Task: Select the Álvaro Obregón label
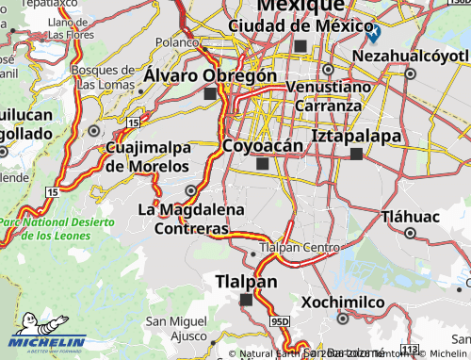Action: tap(211, 75)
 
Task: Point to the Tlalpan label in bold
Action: tap(246, 282)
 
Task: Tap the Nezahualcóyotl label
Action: tap(411, 56)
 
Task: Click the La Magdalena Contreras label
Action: tap(191, 219)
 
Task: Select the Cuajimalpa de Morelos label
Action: tap(148, 157)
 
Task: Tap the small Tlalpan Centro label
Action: tap(299, 248)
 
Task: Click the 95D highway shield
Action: tap(280, 322)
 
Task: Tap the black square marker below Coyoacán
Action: tap(262, 164)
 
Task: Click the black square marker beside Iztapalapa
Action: tap(356, 154)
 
